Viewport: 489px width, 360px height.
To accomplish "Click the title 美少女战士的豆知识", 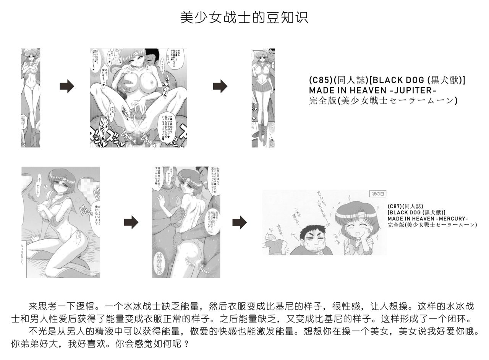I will tap(244, 18).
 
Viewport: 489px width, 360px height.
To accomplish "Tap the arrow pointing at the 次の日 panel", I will tap(239, 222).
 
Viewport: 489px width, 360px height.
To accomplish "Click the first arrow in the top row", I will tap(66, 86).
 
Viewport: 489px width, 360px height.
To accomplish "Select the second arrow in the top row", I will tap(220, 86).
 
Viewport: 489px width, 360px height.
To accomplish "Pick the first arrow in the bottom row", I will tap(131, 222).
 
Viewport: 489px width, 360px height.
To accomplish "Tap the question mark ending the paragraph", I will tap(186, 344).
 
